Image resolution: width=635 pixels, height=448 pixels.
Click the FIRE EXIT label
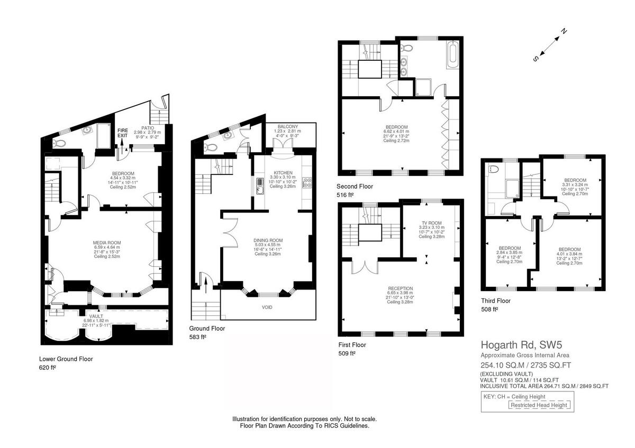[123, 132]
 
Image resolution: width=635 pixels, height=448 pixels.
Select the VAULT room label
[96, 315]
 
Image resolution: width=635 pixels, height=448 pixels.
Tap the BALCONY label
[288, 127]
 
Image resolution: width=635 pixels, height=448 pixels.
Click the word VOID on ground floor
[268, 307]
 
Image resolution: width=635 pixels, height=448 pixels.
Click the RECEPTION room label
[400, 288]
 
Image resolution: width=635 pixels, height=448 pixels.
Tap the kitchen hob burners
[306, 183]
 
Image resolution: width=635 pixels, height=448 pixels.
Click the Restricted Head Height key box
[539, 405]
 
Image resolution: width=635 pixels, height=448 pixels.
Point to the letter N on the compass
[564, 31]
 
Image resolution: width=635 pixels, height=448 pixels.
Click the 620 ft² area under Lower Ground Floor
[47, 367]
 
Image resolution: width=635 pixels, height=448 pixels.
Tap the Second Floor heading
[355, 186]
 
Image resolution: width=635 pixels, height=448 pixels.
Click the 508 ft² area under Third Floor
[490, 310]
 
